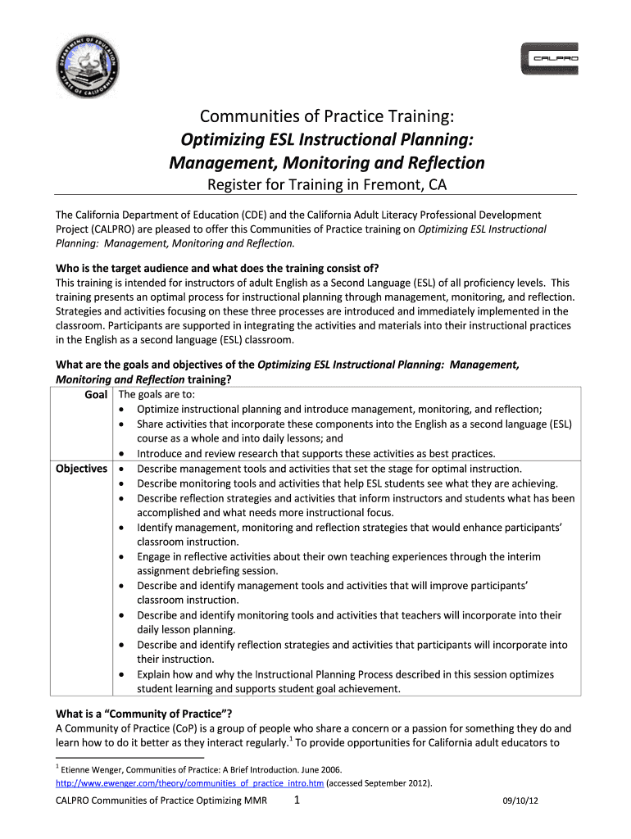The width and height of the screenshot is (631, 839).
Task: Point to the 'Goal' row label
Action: (98, 395)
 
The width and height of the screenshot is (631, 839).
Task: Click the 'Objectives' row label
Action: (81, 469)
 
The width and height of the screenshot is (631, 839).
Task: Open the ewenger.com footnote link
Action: (190, 783)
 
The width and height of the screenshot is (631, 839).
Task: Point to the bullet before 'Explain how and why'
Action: (123, 674)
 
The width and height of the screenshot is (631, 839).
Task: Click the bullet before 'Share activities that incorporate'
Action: (123, 424)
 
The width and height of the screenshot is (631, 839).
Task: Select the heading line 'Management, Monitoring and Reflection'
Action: (326, 162)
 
